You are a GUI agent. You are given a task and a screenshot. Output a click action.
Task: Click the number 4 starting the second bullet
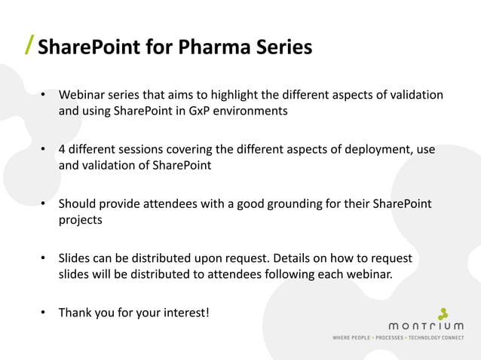click(63, 149)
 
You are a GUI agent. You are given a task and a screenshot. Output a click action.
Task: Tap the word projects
click(81, 221)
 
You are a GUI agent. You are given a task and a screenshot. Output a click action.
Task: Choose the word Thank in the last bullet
click(76, 312)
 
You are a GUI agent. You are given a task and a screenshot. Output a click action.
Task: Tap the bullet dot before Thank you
click(44, 312)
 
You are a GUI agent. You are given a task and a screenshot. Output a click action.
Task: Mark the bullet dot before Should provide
click(44, 204)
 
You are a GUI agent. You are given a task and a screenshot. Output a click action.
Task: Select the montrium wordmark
click(426, 326)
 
